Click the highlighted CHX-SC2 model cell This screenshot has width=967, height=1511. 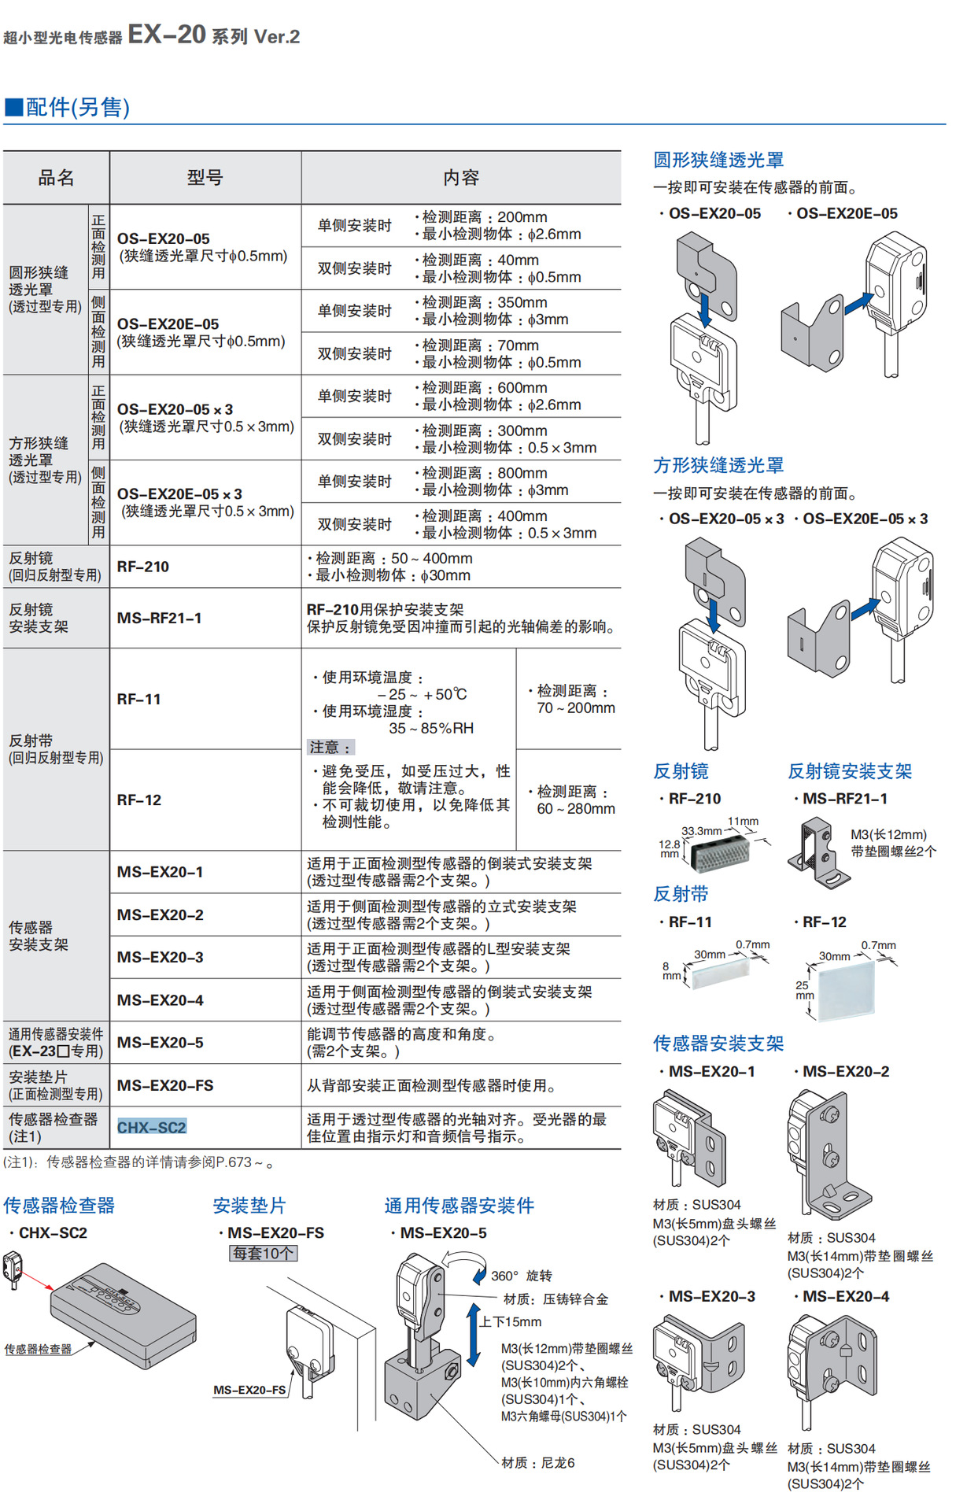click(152, 1127)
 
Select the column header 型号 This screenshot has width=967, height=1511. click(205, 178)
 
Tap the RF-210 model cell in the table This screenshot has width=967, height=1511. click(143, 567)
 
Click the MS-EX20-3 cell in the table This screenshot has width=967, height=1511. click(161, 957)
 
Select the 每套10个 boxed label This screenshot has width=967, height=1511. click(263, 1253)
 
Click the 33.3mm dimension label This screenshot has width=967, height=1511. click(701, 831)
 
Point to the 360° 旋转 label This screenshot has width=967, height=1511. click(522, 1276)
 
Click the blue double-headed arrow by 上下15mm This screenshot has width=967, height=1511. click(474, 1335)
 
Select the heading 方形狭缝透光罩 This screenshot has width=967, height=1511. click(718, 465)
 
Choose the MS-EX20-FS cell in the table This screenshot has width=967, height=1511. click(165, 1085)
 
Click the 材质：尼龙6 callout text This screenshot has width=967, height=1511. click(538, 1462)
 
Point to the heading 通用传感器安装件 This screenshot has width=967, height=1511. click(459, 1206)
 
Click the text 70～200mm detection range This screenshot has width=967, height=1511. click(576, 708)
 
